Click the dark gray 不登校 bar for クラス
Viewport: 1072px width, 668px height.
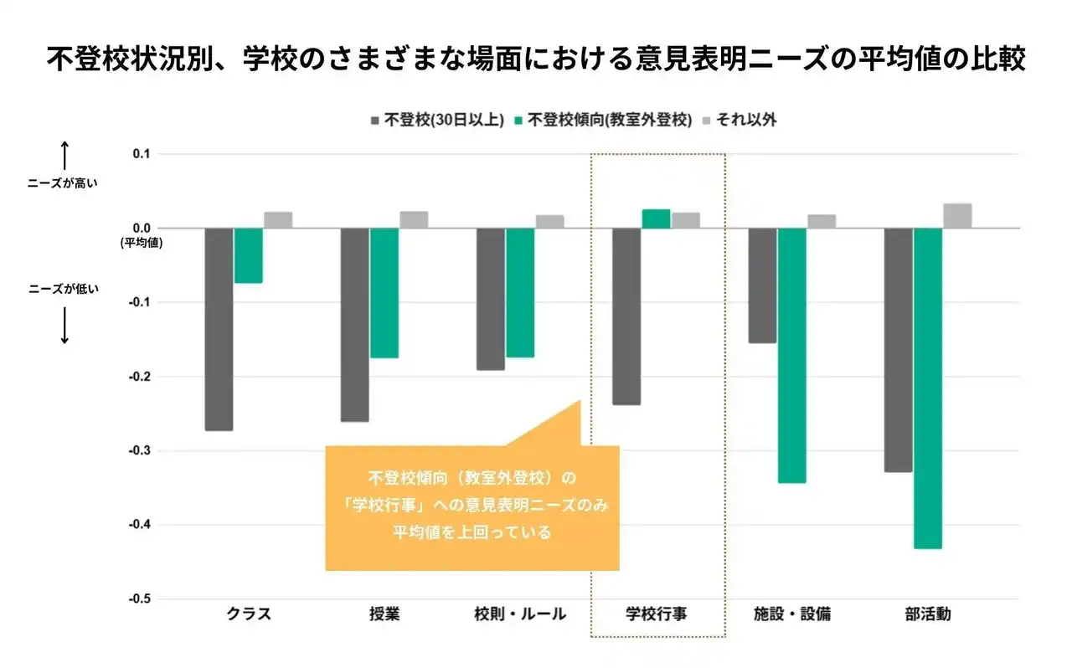pos(219,329)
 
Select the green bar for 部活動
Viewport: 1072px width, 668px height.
pos(928,388)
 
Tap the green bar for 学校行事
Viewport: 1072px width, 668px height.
pos(656,218)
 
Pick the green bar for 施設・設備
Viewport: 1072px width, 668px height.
pos(791,355)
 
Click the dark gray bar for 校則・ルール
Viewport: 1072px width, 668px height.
pos(491,299)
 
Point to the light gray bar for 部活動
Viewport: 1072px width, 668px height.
pos(957,216)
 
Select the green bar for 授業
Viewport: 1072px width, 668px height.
pos(384,293)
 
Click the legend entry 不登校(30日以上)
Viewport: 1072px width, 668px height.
pos(436,120)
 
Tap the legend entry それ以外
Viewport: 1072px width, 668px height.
pos(742,120)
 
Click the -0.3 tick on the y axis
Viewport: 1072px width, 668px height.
pos(139,451)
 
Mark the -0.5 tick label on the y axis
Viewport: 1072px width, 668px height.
pos(139,599)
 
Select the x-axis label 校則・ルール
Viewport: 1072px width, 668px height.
pos(520,614)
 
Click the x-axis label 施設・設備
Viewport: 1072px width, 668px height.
pos(791,614)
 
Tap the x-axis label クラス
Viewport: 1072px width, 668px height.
pos(249,614)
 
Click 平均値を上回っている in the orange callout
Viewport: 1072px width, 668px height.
pos(472,532)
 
